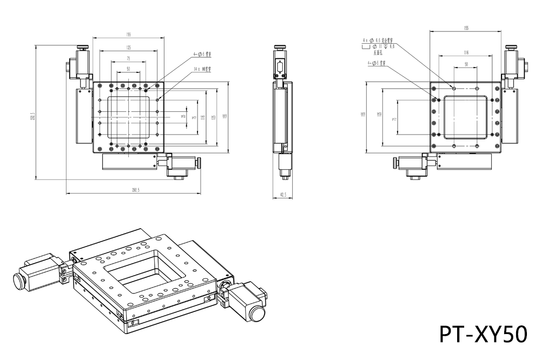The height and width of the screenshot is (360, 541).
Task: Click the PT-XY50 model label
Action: click(483, 334)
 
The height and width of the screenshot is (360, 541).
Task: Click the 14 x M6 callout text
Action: click(202, 69)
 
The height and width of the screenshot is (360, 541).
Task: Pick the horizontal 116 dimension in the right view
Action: click(466, 52)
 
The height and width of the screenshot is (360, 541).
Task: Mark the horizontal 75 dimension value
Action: click(128, 58)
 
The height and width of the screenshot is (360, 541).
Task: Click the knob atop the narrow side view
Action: click(280, 48)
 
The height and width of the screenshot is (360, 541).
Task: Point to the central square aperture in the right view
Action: click(466, 117)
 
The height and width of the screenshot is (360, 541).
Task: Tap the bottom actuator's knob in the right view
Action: click(394, 162)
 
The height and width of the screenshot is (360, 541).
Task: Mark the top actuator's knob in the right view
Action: click(510, 48)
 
